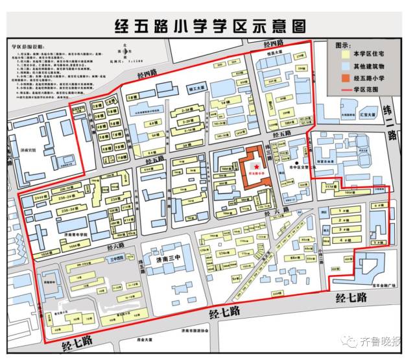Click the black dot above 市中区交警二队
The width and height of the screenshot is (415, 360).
(297, 163)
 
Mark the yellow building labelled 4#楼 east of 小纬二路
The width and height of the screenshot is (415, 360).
(340, 239)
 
